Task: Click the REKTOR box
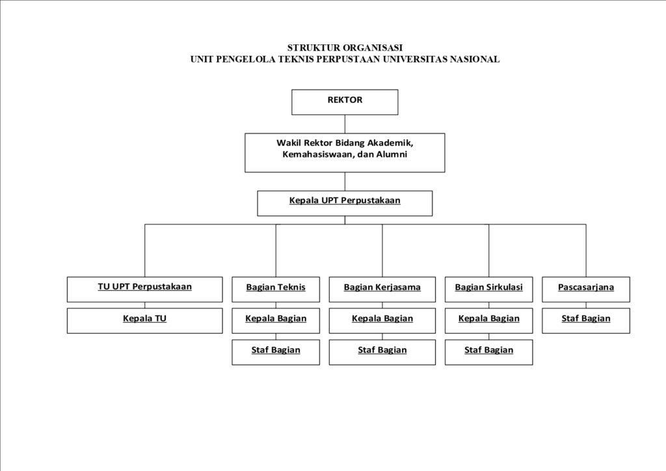(345, 101)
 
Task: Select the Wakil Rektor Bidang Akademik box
(345, 152)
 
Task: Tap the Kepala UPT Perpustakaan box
(345, 202)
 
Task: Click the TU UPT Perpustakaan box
(144, 289)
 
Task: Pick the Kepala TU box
(144, 320)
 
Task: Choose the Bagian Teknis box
(276, 289)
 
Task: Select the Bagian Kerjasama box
(382, 289)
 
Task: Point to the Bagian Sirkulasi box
(488, 289)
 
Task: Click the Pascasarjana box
(585, 289)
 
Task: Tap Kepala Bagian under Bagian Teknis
(276, 320)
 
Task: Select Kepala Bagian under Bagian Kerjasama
(382, 320)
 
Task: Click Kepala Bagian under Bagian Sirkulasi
(488, 320)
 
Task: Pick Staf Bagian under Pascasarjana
(585, 320)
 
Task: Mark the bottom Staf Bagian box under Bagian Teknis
(276, 351)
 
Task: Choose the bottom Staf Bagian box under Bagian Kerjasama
(382, 351)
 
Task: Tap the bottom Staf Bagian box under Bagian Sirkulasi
(488, 351)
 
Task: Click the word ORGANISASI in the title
(373, 47)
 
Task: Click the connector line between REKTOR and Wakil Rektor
(345, 124)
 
